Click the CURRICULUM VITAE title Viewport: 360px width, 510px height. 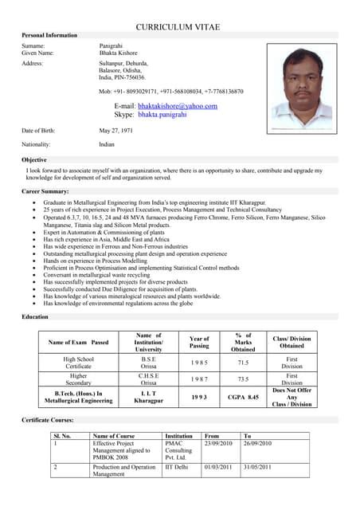178,27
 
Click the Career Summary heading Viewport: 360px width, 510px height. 45,192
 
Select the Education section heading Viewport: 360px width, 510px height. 35,317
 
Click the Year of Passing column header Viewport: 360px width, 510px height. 199,342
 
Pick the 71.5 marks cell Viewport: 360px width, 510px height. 243,361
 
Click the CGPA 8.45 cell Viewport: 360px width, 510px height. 243,395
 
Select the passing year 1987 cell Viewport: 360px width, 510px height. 199,379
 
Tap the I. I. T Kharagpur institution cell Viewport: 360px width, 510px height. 149,395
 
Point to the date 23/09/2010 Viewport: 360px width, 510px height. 217,444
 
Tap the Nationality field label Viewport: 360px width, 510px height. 36,144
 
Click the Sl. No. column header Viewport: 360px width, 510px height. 62,436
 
